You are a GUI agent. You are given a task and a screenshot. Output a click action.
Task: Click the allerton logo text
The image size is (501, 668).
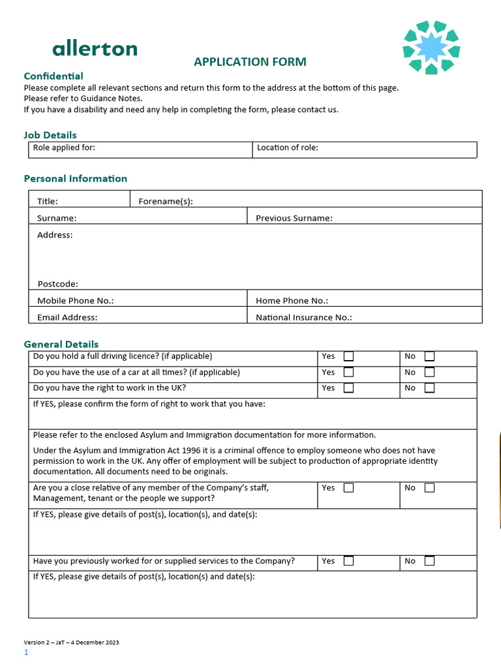95,48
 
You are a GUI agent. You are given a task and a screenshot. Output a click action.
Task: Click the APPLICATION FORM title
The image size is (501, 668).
250,62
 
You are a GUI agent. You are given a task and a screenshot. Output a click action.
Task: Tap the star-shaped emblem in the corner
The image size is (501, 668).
431,47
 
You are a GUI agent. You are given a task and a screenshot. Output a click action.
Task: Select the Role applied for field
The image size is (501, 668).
140,149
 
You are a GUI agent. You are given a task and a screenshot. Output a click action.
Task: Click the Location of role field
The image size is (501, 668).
364,149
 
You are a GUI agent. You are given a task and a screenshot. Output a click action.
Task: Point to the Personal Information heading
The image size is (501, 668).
76,179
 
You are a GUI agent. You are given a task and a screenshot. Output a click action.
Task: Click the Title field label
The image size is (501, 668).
48,202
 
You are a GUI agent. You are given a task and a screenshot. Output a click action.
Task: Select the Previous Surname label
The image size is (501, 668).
294,219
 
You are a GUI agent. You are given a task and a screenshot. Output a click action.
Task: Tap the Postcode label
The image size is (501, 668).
57,284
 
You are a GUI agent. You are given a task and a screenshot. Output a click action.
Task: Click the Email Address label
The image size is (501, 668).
67,318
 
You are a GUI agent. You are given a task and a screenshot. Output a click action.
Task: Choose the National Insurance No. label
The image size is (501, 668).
303,318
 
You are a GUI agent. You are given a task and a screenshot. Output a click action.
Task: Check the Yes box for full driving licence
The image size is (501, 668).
349,357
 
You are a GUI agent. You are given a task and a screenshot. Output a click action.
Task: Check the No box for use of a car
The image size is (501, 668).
429,372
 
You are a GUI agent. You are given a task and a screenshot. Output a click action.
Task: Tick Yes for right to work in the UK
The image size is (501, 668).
349,388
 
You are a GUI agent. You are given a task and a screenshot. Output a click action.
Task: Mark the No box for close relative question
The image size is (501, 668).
429,488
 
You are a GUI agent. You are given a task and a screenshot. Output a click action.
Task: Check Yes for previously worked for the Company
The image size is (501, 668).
349,561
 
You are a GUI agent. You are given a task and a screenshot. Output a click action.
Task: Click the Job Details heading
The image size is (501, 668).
50,135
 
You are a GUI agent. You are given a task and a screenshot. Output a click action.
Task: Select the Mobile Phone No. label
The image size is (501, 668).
76,301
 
